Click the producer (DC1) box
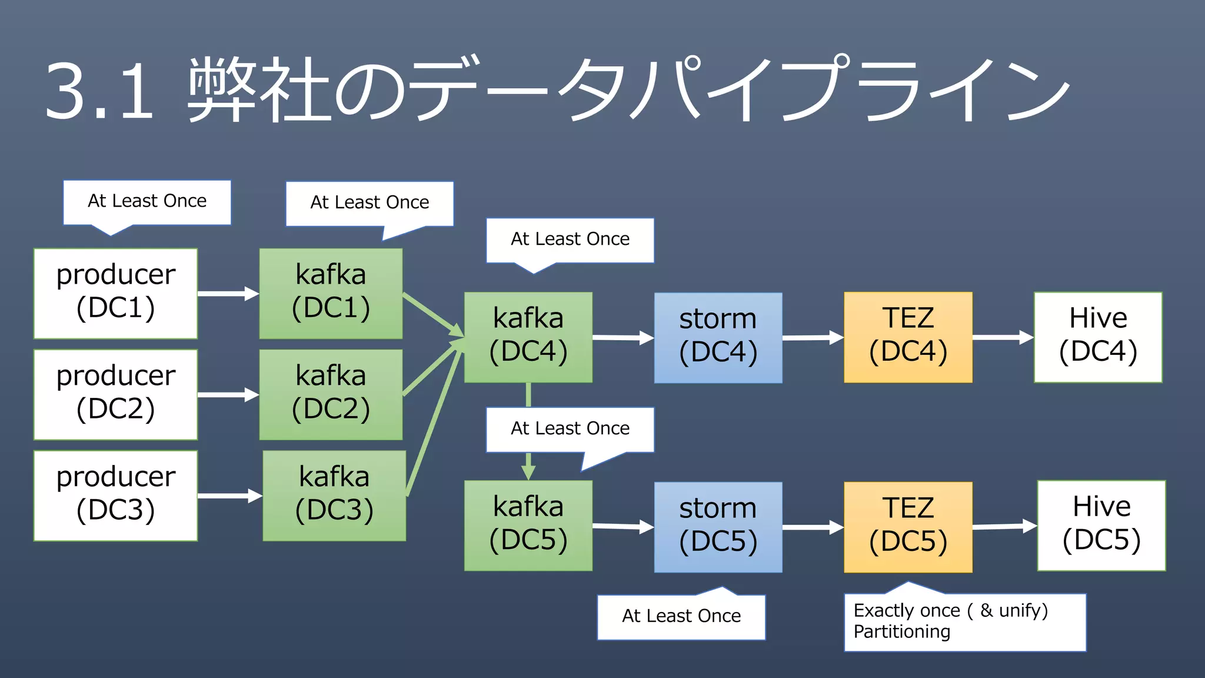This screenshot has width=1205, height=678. (x=115, y=293)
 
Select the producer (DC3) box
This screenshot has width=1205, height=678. (x=115, y=496)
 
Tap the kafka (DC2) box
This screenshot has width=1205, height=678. (x=331, y=394)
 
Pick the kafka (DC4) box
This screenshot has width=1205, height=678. (x=528, y=337)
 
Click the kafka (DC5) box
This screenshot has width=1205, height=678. (x=528, y=526)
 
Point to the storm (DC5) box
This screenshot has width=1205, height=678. (x=718, y=527)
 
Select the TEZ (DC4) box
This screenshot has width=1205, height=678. (x=908, y=337)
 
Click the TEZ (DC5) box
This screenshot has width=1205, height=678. (x=908, y=527)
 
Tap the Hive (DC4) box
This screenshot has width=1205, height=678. (x=1098, y=337)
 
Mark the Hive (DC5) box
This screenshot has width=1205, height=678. (x=1101, y=526)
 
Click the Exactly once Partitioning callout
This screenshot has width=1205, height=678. (x=964, y=622)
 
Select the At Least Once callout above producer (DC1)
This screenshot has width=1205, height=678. (x=147, y=202)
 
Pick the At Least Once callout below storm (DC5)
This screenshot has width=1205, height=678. (x=681, y=617)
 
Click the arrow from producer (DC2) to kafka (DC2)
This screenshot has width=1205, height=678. (x=227, y=395)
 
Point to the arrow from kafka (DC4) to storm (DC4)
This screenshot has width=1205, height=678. (x=623, y=338)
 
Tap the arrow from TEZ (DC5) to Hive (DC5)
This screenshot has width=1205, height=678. (x=1004, y=527)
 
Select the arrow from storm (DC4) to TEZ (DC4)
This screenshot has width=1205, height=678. (x=813, y=338)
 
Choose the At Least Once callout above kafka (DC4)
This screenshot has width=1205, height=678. (x=570, y=240)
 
